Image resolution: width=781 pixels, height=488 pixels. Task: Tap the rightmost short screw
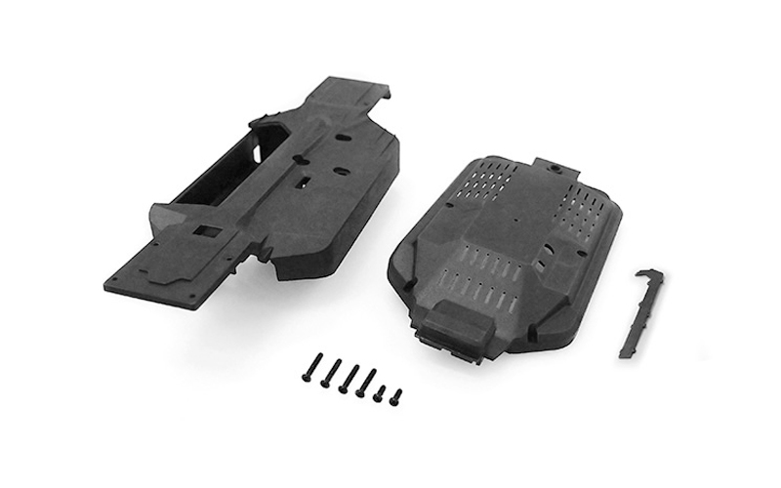(x=396, y=396)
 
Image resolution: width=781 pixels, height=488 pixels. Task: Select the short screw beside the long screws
(x=382, y=394)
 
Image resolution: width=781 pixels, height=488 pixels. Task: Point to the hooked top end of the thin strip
(x=652, y=275)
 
